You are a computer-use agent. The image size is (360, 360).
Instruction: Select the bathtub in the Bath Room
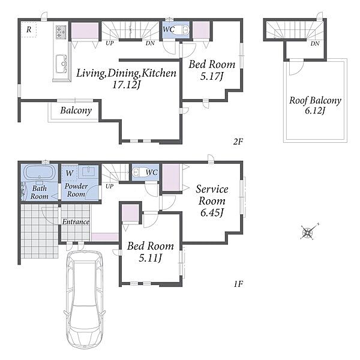[x=40, y=172]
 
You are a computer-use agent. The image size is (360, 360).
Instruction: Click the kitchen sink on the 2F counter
[x=61, y=64]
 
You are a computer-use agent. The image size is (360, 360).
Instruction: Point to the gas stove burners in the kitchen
[x=61, y=32]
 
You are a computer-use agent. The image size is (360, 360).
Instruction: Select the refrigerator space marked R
[x=29, y=29]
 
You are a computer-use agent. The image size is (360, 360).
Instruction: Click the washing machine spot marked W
[x=70, y=173]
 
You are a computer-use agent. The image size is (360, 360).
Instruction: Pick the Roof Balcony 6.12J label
[x=315, y=106]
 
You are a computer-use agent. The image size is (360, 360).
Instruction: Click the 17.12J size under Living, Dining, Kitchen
[x=126, y=85]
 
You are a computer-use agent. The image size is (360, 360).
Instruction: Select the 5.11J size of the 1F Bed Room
[x=151, y=258]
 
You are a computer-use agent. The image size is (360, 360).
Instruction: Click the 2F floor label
[x=238, y=142]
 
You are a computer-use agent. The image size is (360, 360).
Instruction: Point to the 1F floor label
[x=239, y=284]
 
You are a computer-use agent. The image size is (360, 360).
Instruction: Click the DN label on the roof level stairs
[x=315, y=43]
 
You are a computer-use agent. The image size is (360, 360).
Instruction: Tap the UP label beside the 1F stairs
[x=110, y=186]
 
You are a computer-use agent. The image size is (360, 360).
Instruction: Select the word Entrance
[x=76, y=222]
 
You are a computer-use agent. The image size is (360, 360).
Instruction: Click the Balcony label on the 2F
[x=76, y=110]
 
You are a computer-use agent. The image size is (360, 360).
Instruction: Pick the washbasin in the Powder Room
[x=89, y=172]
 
